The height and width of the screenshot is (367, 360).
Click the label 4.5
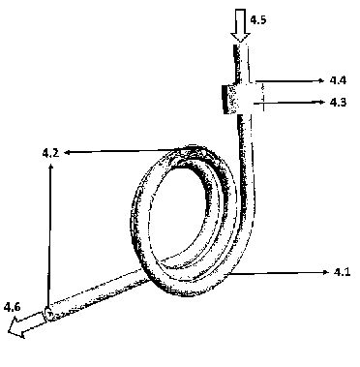(x=258, y=20)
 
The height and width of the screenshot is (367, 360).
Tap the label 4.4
(x=338, y=80)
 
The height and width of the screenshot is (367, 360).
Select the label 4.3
(x=338, y=103)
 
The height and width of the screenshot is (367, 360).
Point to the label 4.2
(x=50, y=152)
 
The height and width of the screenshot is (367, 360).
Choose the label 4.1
(x=342, y=272)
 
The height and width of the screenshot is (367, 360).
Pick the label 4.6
(x=12, y=307)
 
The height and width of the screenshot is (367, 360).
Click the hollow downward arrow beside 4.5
(x=240, y=26)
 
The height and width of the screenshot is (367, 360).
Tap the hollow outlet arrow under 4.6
(x=26, y=323)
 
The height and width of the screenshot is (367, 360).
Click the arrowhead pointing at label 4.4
(x=320, y=80)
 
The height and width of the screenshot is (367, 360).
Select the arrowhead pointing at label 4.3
(x=322, y=102)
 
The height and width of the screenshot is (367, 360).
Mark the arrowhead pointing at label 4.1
(x=325, y=273)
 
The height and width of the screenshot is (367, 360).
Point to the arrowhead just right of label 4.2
(x=67, y=152)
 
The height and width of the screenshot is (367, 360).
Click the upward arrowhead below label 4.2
(x=50, y=167)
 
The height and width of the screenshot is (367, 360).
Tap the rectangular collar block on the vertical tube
(x=239, y=99)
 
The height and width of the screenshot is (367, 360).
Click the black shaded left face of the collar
(x=225, y=99)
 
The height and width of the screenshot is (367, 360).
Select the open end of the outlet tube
(x=48, y=314)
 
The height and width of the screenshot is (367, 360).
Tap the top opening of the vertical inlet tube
(x=241, y=46)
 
